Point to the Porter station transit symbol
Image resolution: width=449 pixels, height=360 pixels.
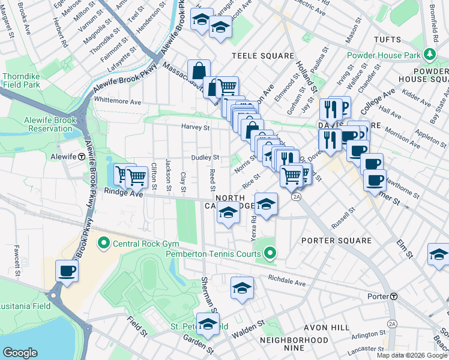pos(394,296)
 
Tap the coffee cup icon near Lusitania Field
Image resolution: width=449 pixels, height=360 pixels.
pos(67,271)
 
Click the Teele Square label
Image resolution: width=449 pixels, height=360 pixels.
pos(263,56)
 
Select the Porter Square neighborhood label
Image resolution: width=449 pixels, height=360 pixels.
pos(337,241)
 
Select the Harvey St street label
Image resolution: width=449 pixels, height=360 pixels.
pos(196,127)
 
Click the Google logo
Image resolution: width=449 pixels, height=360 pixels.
pos(20,353)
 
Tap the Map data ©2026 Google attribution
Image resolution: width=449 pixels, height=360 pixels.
pos(411,355)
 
